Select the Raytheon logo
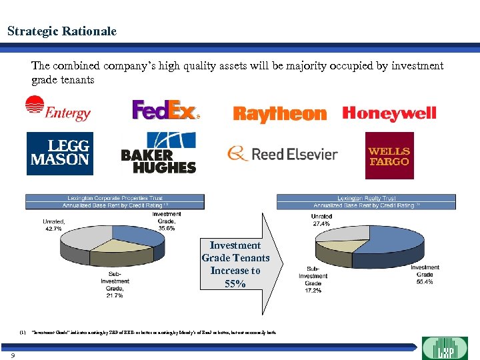(x=280, y=114)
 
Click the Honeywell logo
(x=389, y=113)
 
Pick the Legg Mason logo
(x=59, y=153)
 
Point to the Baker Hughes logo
(x=159, y=153)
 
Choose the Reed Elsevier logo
(x=283, y=154)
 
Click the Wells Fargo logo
(x=389, y=155)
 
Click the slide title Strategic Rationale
(x=61, y=31)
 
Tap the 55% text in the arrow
(x=235, y=283)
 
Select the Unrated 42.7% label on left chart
(x=53, y=225)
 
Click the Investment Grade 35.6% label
(x=166, y=221)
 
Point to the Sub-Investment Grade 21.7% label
(x=115, y=284)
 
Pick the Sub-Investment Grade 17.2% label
(x=313, y=281)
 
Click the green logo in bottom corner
(x=446, y=348)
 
